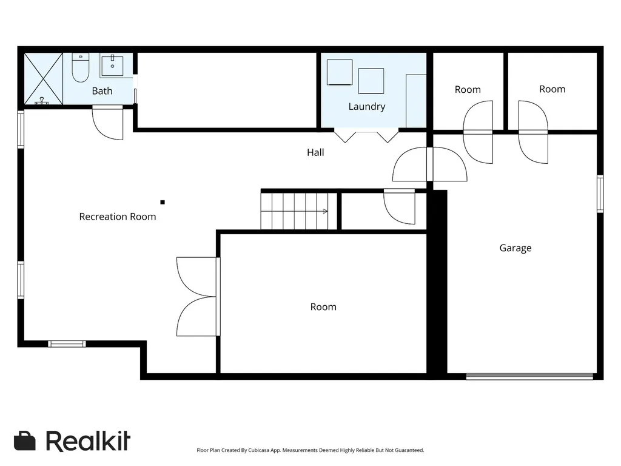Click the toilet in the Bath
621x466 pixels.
[81, 67]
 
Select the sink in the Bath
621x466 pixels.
[112, 66]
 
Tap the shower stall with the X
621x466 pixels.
[44, 79]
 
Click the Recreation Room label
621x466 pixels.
[118, 217]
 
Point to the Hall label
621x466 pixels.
[315, 152]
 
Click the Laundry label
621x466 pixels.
[367, 107]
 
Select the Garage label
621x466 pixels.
[515, 248]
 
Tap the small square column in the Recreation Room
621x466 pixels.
[163, 203]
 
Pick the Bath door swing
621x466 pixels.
[108, 123]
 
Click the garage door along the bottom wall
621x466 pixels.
[529, 376]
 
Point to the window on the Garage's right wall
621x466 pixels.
[600, 194]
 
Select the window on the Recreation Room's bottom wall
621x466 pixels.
[67, 344]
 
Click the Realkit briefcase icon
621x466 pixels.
[24, 441]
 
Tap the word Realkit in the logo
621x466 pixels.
[88, 441]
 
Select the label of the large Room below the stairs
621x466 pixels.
[323, 307]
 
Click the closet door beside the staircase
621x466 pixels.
[399, 207]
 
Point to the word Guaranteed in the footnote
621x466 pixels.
[408, 451]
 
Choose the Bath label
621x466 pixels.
[102, 91]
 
